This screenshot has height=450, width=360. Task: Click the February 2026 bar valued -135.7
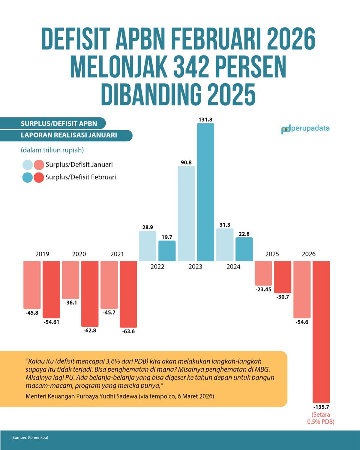click(x=321, y=332)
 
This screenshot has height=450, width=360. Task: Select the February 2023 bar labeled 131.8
click(x=205, y=192)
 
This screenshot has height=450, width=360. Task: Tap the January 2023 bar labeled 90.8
click(x=186, y=213)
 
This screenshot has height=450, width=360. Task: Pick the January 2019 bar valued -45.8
click(x=32, y=285)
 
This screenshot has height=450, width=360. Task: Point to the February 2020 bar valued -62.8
click(x=90, y=294)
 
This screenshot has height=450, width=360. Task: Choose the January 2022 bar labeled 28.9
click(x=147, y=246)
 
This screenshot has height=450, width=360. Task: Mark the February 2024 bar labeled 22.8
click(x=244, y=249)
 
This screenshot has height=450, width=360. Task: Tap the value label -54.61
click(x=51, y=323)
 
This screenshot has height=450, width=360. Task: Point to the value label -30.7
click(x=282, y=298)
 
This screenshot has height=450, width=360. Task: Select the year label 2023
click(x=195, y=267)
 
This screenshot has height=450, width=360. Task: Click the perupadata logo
click(x=305, y=129)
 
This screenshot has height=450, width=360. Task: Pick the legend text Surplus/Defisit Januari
click(x=79, y=165)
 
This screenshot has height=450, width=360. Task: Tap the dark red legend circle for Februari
click(x=39, y=177)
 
